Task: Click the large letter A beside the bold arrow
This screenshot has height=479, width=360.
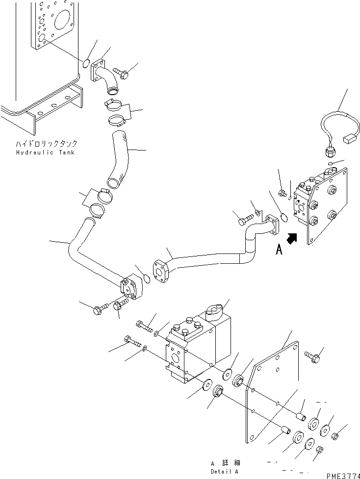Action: [279, 250]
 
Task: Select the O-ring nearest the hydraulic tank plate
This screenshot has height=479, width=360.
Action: [86, 64]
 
